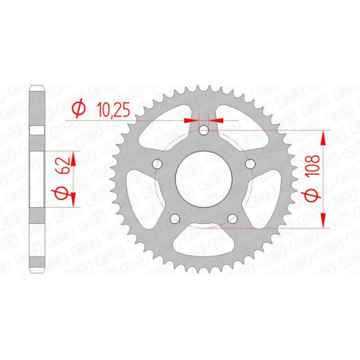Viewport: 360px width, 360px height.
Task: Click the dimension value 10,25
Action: coord(113,110)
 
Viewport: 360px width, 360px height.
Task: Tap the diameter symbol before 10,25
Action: coord(79,108)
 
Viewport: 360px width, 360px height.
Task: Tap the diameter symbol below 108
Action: coord(311,196)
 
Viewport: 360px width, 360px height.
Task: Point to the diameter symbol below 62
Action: coord(61,194)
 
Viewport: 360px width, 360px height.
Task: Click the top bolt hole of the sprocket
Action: coord(204,130)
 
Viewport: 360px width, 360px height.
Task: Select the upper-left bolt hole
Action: coord(157,164)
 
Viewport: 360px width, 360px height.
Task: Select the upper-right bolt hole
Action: coord(250,164)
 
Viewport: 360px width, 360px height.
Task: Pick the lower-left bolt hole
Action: coord(174,219)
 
